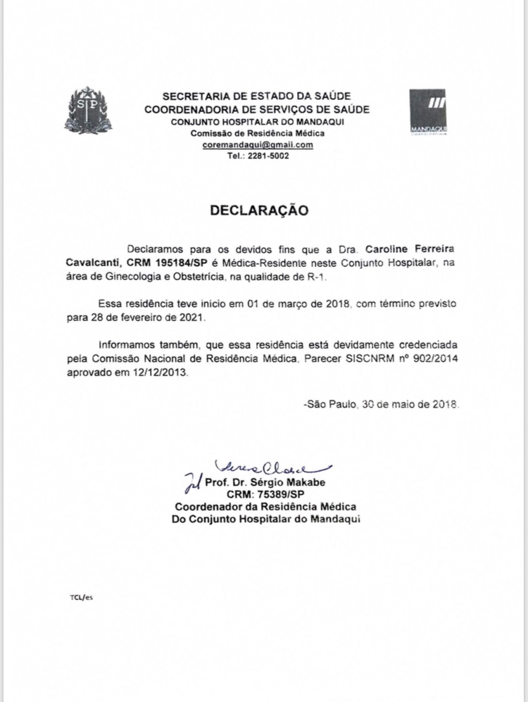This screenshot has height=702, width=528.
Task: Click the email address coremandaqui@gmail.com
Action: coord(257,145)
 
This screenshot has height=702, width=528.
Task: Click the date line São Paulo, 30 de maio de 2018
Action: coord(382,406)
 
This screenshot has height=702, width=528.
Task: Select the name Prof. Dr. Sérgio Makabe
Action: coord(264,482)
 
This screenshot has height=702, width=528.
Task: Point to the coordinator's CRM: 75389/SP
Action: coord(264,494)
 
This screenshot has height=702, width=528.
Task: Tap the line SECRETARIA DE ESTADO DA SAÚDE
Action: coord(257,96)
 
